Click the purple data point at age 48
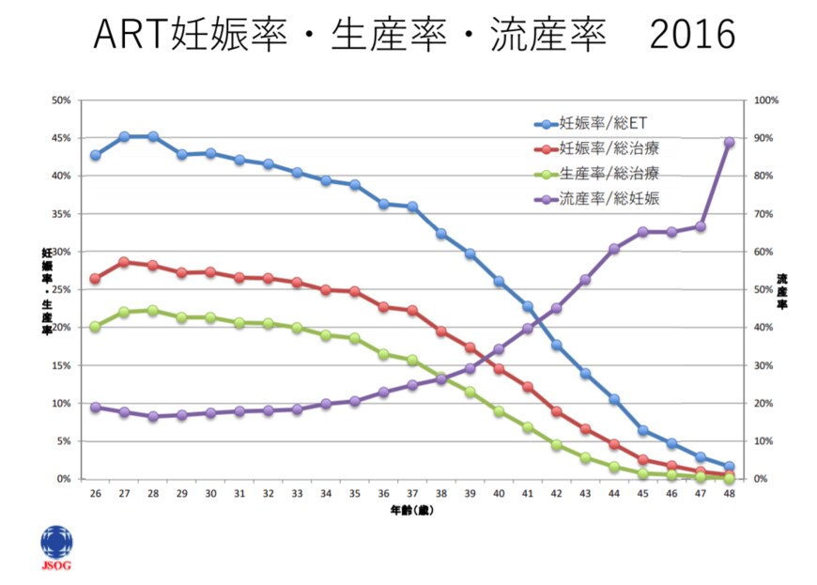coord(729,143)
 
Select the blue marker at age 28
coord(153,137)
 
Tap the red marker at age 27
coord(124,262)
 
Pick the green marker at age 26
coord(95,327)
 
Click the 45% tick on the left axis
coord(60,138)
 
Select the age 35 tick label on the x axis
coord(354,494)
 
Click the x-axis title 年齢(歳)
coord(412,511)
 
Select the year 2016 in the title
coord(692,35)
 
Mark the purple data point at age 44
coord(613,249)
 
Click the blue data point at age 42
coord(556,346)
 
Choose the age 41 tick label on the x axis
coord(527,494)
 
